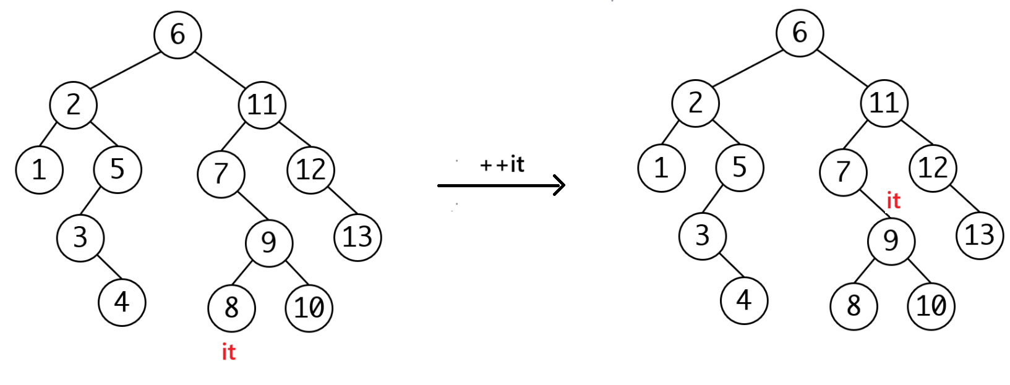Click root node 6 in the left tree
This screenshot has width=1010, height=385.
tap(178, 35)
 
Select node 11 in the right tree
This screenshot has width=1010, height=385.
tap(884, 103)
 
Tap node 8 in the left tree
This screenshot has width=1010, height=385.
tap(231, 307)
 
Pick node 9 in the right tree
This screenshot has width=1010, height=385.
tap(891, 240)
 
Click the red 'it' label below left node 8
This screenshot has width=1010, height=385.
tap(229, 352)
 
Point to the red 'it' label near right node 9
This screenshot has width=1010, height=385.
tap(893, 201)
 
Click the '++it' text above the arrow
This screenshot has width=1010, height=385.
tap(502, 164)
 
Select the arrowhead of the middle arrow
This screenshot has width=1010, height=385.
tap(558, 185)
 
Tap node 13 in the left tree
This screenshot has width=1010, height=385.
tap(357, 237)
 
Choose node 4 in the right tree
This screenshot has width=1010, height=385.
tap(743, 300)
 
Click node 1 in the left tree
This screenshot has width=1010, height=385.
tap(39, 170)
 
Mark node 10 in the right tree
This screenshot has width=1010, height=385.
tap(931, 305)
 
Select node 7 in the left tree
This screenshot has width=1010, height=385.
tap(221, 174)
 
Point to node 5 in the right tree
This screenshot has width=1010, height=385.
tap(739, 167)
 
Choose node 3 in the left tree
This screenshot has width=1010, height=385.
tap(80, 238)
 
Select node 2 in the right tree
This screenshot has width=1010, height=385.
tap(695, 103)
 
